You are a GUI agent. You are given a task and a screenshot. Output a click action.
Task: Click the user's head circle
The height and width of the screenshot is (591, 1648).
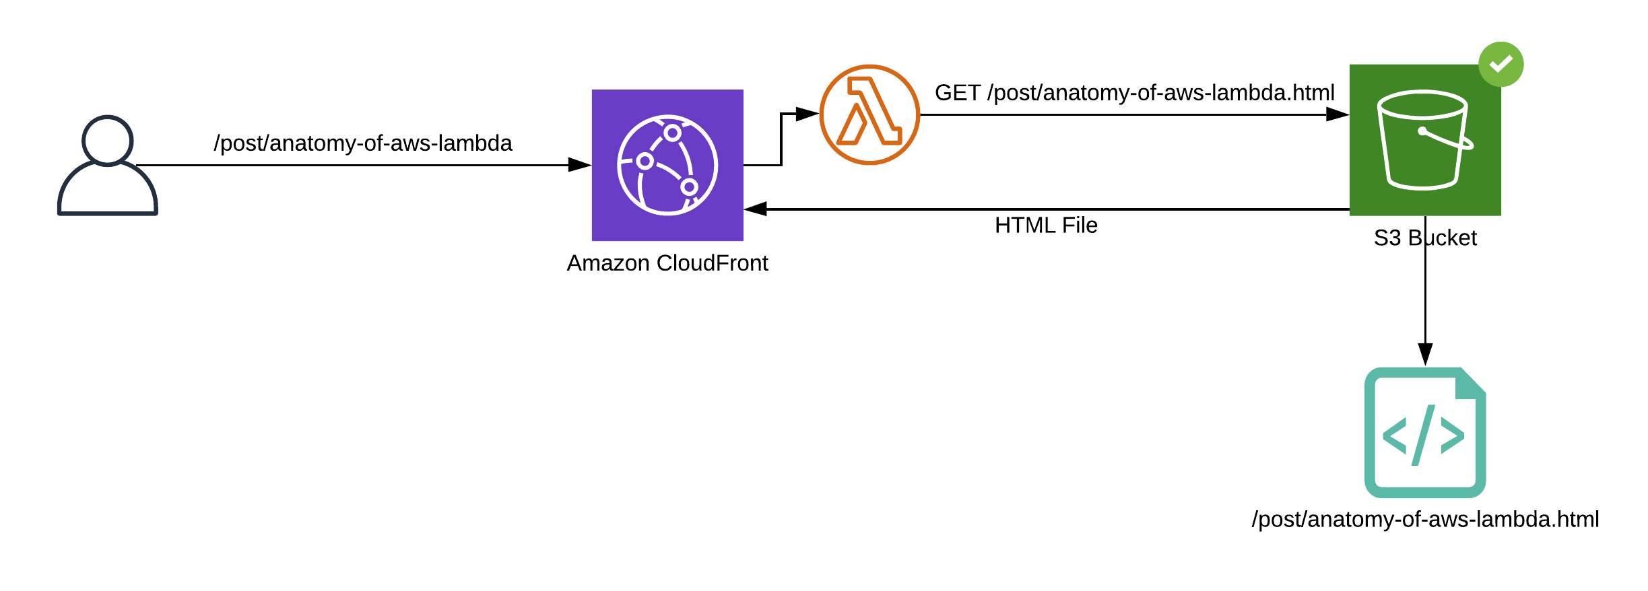[108, 140]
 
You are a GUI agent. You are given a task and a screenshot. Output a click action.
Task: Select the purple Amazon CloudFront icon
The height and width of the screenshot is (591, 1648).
[667, 165]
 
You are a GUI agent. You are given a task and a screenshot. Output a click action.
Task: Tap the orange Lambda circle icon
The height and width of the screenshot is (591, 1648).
[869, 114]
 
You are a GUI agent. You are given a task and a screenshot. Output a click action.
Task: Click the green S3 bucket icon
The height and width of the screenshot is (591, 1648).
[1425, 140]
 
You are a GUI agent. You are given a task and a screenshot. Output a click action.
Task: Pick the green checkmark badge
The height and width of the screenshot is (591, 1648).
[1501, 64]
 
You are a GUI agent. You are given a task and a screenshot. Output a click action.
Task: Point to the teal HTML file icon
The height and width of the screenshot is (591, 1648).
[1425, 433]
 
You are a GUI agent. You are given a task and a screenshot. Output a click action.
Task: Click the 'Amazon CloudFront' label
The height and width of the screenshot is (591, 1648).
[667, 263]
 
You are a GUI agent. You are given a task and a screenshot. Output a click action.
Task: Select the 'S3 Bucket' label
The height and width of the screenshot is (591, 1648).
[1425, 238]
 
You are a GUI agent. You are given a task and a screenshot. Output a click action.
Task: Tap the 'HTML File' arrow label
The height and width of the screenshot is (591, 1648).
[1046, 225]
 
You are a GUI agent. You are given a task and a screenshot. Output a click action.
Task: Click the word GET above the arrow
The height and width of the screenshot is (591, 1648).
[958, 93]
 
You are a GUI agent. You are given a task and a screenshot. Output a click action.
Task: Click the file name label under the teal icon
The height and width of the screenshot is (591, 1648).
[1425, 519]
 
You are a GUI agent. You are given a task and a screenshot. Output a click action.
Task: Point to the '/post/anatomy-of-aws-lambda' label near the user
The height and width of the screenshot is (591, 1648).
[363, 143]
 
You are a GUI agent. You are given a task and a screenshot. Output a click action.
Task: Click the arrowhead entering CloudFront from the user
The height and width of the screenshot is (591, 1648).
[579, 165]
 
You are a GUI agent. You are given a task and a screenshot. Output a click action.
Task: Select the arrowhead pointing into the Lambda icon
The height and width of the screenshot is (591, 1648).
[807, 114]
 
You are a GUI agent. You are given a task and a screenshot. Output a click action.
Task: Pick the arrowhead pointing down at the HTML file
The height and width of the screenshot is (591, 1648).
[1425, 354]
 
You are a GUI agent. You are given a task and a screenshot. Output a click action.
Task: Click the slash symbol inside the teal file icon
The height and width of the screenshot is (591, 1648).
[1423, 435]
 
